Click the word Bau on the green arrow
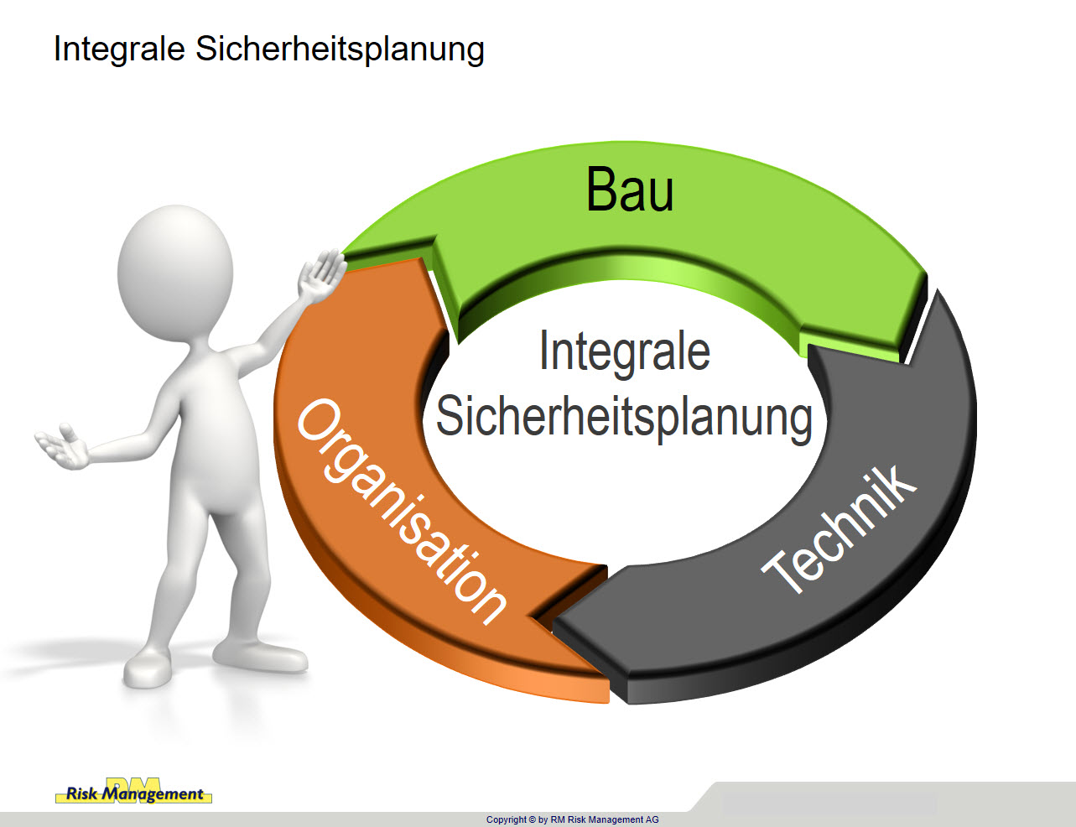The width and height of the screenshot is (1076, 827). point(630,190)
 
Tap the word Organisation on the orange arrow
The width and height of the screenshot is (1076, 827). point(402,511)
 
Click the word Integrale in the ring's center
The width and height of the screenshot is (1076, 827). point(625,352)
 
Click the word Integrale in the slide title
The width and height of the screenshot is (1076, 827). point(119,49)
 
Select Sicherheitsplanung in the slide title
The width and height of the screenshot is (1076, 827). point(340,49)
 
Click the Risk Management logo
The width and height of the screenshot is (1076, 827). point(133,791)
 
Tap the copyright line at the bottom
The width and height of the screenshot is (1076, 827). point(573,819)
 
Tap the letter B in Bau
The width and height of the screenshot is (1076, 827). point(600,190)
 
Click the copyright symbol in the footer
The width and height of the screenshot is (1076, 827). point(533,819)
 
